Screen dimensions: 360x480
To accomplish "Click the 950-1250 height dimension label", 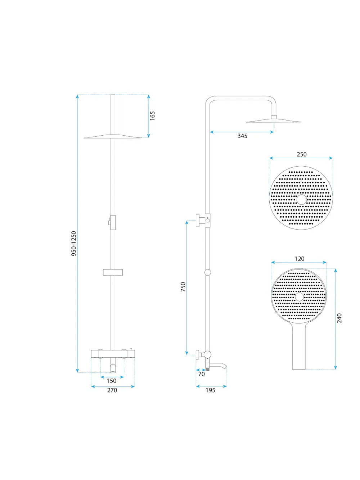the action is coord(74,243).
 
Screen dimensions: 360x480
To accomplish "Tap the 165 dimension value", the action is coord(152,116).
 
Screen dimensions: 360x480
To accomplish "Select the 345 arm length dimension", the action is coord(242,136).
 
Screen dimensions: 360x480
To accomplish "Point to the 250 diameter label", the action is coord(301,154).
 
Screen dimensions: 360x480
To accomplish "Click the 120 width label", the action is coord(300,259).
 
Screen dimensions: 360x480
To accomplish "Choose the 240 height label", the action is coord(339,318).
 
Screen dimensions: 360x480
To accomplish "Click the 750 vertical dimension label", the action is coord(183,287).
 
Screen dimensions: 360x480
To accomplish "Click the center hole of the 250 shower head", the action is coord(302,199).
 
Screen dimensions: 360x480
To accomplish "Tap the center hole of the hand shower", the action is coord(299,297).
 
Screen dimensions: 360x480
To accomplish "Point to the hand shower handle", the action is coord(299,347).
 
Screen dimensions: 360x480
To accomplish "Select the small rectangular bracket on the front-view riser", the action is coord(113,272).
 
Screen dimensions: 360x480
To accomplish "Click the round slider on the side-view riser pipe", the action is coord(208,272).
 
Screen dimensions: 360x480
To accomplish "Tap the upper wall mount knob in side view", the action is coord(198,221).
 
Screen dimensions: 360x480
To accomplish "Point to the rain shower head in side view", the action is coord(274,121).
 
